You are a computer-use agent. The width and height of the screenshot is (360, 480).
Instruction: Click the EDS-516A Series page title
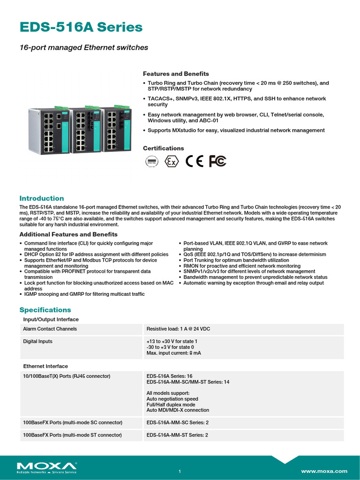click(81, 27)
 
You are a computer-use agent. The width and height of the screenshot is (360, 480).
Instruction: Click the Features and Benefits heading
click(176, 74)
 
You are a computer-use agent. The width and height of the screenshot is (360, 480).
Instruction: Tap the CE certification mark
click(195, 161)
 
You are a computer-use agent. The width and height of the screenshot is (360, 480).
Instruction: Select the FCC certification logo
click(217, 161)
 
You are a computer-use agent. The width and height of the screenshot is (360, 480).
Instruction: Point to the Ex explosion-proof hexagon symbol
click(172, 162)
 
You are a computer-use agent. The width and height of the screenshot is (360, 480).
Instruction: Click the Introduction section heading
click(41, 198)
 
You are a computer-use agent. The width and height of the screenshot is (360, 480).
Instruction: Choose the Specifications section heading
click(45, 310)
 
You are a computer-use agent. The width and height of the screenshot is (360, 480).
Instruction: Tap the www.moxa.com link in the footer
click(324, 471)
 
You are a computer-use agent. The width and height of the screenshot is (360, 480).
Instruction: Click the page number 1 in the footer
click(180, 471)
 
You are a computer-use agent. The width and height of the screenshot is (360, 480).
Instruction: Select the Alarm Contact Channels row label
click(50, 329)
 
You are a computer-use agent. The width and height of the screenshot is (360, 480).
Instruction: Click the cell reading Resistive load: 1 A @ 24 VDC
click(178, 329)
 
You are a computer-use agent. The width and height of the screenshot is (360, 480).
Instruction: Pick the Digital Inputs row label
click(38, 341)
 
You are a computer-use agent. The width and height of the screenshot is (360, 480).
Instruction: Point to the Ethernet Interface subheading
click(45, 366)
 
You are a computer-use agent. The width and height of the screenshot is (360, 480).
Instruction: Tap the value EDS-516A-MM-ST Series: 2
click(177, 435)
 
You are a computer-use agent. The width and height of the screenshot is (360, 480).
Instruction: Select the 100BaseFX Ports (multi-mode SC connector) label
click(73, 422)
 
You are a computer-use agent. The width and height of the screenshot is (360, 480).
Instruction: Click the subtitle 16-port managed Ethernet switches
click(84, 47)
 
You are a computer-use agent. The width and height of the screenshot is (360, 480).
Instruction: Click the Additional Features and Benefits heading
click(68, 234)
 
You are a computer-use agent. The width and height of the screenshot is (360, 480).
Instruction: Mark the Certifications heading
click(163, 148)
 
